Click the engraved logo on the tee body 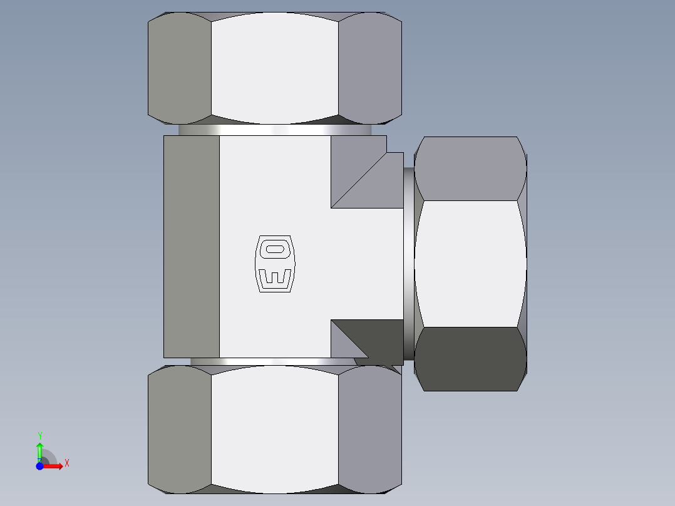(274, 264)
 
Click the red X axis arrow (54, 465)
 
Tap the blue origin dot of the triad (39, 465)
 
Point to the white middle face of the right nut (470, 264)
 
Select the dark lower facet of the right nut (470, 359)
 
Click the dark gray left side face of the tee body (192, 247)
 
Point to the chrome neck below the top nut (274, 130)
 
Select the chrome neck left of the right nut (408, 263)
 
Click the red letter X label (66, 463)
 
